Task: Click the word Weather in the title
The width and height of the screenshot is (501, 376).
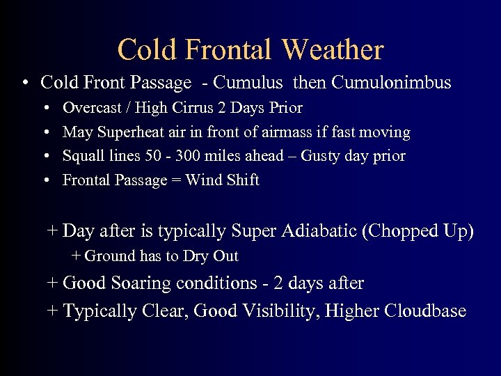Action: coord(333,49)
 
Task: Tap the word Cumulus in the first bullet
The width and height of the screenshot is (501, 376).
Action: coord(248,83)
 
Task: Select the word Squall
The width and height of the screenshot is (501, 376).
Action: coord(82,156)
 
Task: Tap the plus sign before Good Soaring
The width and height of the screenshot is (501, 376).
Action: coord(53,283)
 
